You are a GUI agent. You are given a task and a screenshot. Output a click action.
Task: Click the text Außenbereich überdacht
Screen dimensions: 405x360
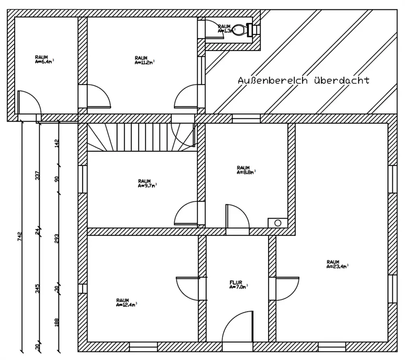coord(303,80)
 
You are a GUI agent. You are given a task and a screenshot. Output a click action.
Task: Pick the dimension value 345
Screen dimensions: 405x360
coord(38,289)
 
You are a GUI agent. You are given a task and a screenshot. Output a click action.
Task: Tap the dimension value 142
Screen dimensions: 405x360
coord(57,143)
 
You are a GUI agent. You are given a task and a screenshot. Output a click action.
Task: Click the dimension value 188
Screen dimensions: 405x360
coord(57,322)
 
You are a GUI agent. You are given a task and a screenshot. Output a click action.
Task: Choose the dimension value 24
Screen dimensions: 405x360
coord(38,231)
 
